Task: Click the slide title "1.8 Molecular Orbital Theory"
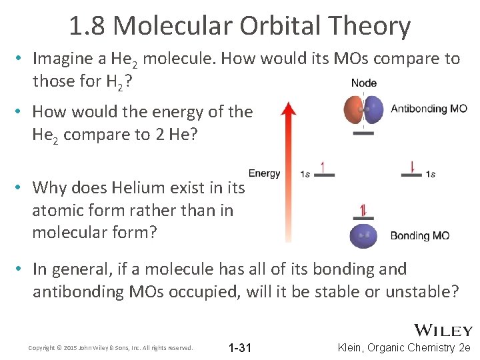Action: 240,26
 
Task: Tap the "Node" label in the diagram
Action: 363,83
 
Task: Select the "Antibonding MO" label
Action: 429,109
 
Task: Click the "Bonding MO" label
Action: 419,235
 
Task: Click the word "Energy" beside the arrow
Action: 264,173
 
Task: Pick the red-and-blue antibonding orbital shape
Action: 363,109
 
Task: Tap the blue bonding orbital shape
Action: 363,236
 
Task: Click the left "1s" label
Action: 305,175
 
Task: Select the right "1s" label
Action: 431,175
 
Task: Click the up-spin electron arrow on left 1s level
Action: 323,167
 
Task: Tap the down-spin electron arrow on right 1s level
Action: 411,167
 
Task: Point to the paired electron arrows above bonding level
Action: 363,211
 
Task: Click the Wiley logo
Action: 443,330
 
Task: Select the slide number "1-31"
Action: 239,347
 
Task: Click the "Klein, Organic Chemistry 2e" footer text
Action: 405,347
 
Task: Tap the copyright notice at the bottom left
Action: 111,348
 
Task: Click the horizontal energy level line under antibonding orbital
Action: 363,133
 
